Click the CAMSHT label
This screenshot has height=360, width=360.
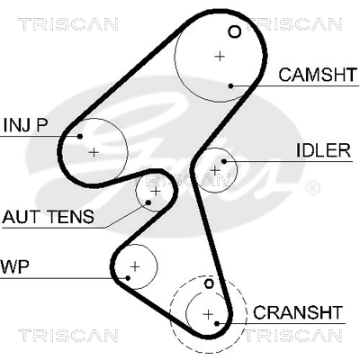point(318,75)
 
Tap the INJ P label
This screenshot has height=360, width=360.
point(25,125)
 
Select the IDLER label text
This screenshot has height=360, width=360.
point(323,150)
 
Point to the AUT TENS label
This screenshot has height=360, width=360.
point(48,217)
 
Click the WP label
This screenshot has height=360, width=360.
point(14,266)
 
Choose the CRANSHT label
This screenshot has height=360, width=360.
point(298,312)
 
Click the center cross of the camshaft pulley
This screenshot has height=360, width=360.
point(220,56)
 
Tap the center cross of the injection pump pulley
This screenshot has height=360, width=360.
point(94,152)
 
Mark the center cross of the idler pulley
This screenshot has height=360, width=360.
point(215,170)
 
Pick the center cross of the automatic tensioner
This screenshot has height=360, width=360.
point(156,191)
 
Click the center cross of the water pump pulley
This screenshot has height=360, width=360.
point(135,266)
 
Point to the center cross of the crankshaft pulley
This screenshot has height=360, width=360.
point(208,314)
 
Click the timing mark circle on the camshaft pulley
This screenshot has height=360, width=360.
point(234,31)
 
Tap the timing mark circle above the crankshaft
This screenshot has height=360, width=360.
point(209,283)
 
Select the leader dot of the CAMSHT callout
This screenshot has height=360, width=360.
point(230,86)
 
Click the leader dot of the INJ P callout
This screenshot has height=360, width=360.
point(80,137)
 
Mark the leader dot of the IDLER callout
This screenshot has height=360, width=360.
point(224,161)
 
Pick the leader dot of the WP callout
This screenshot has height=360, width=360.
point(128,278)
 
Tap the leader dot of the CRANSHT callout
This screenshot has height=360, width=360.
point(217,323)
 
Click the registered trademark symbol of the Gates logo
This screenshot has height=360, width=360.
point(312,188)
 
